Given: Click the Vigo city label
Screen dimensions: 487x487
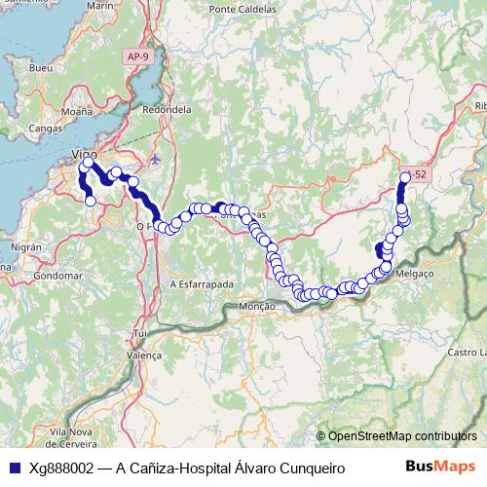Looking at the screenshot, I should click(x=87, y=155).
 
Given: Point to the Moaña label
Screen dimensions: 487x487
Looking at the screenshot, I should click(x=77, y=112).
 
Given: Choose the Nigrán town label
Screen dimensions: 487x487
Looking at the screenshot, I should click(x=26, y=247).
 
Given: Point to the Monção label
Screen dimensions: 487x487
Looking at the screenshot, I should click(x=256, y=305).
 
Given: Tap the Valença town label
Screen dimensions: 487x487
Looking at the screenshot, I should click(x=144, y=356).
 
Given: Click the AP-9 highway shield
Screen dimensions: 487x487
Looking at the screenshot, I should click(x=139, y=58).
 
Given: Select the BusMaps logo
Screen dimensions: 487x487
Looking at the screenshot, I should click(x=439, y=468).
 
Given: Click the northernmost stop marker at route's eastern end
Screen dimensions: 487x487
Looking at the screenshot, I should click(x=405, y=177).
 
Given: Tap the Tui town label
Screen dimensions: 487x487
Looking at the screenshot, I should click(x=140, y=333).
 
